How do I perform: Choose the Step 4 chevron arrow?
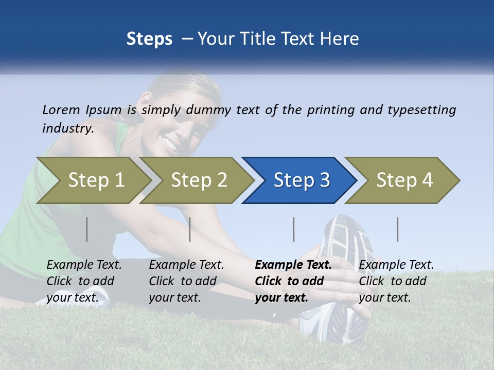click(404, 180)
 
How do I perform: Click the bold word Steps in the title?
click(149, 39)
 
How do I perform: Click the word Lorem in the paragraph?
click(61, 110)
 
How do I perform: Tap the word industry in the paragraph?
click(67, 128)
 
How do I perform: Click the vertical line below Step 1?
click(87, 229)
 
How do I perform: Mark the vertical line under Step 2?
click(190, 229)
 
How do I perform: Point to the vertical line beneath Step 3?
click(294, 229)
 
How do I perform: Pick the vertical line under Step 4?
click(398, 229)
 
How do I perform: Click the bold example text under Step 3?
click(293, 281)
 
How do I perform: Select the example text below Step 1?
click(84, 281)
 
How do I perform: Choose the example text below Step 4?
click(396, 281)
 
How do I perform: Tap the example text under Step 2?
click(186, 281)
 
